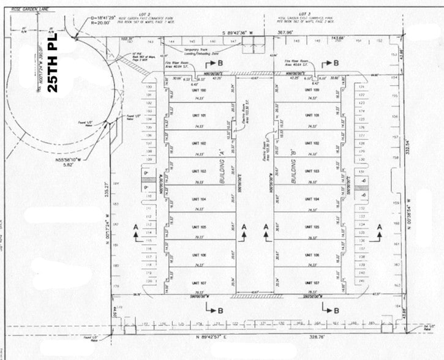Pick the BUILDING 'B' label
296,173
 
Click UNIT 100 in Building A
200,91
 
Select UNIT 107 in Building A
200,283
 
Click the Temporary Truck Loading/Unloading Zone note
184,51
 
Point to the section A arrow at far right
379,228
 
